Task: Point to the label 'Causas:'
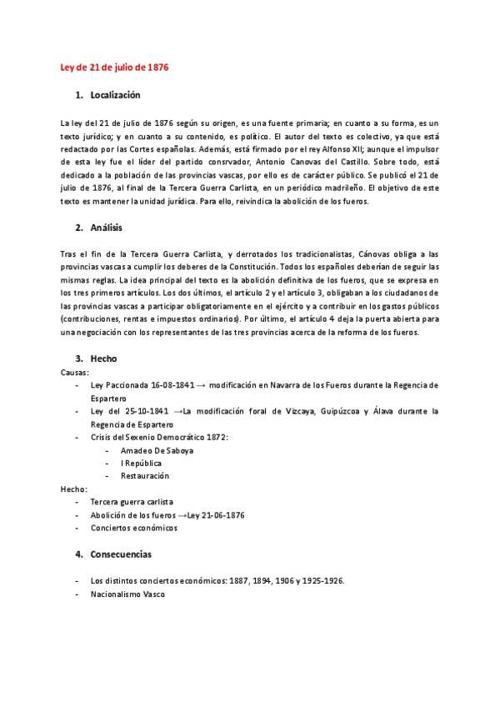(76, 372)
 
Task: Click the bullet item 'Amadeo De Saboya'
(157, 450)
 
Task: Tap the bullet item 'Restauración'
(144, 476)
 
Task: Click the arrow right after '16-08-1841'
(201, 385)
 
